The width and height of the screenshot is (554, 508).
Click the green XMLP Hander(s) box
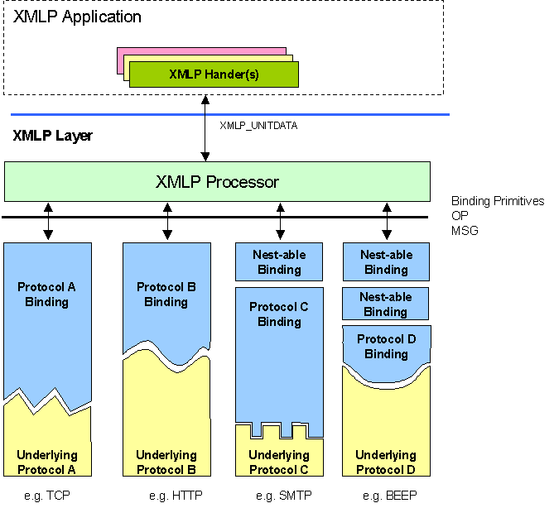coord(214,74)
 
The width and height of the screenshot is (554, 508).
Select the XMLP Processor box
coord(217,181)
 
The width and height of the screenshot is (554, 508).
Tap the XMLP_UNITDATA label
coord(258,126)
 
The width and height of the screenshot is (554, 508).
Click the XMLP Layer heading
coord(52,136)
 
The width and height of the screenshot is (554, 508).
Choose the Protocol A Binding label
coord(46,295)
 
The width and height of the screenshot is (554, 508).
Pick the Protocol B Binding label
coord(166,295)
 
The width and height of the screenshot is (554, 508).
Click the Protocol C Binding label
coord(278,314)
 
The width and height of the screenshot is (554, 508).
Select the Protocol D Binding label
coord(386,347)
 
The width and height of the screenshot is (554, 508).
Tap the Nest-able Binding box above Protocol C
coord(278,262)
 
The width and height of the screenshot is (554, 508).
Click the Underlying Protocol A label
coord(46,462)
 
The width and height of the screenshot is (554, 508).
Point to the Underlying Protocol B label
coord(166,462)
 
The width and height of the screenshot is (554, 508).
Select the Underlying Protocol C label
coord(278,462)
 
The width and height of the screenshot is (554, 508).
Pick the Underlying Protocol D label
coord(386,462)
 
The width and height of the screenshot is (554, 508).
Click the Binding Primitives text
coord(498,201)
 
